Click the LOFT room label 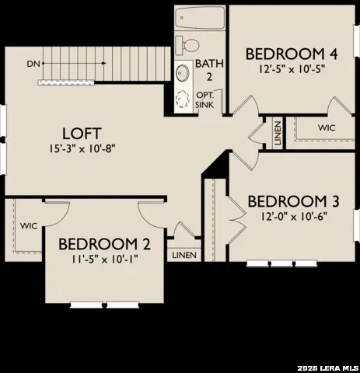click(x=78, y=134)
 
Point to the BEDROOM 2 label click(x=104, y=243)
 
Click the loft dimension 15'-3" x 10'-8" click(x=78, y=148)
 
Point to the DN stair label click(x=33, y=63)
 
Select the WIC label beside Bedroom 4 click(x=327, y=127)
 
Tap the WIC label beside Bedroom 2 click(x=29, y=226)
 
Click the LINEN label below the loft click(x=184, y=254)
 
